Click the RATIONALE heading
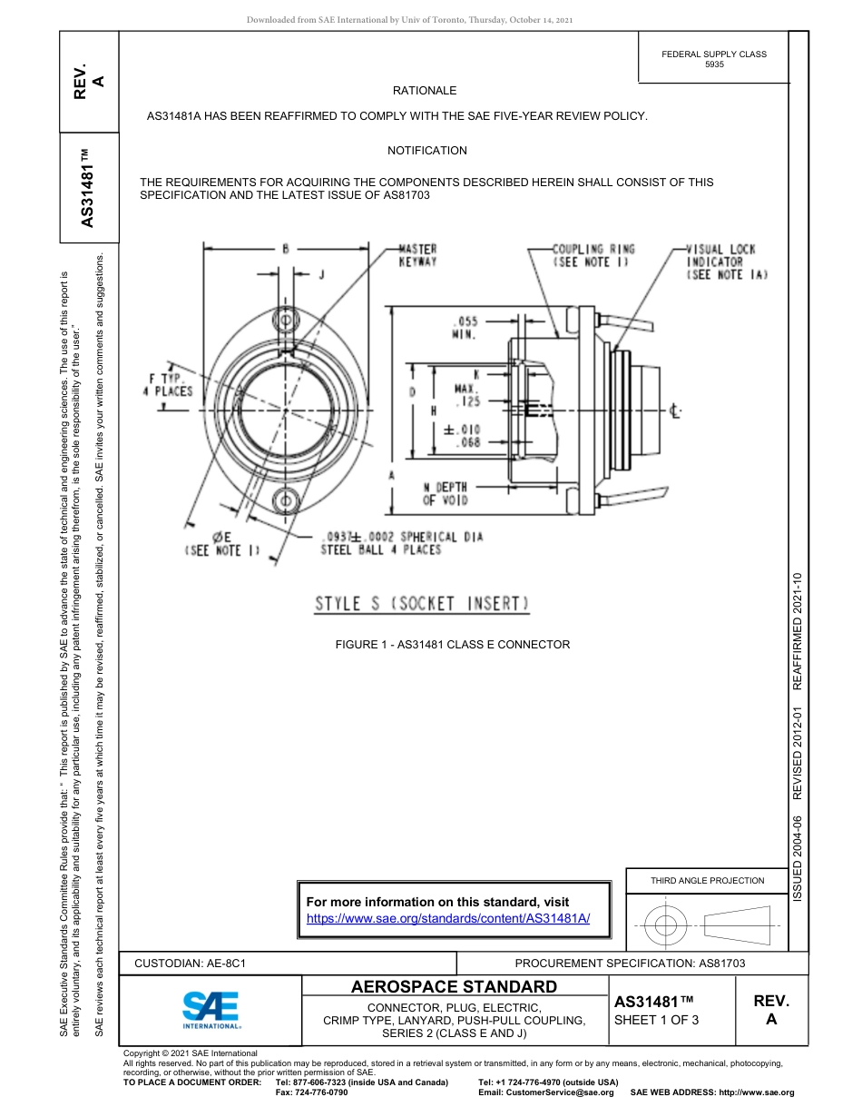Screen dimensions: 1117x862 [425, 91]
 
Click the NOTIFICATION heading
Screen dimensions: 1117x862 [427, 151]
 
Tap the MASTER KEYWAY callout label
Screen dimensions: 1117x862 [417, 255]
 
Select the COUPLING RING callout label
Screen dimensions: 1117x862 [593, 255]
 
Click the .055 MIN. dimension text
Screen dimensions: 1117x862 [464, 328]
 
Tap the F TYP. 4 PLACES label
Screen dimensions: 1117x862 [167, 384]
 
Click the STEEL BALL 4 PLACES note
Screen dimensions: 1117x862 [381, 549]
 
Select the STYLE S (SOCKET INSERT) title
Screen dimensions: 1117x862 [422, 604]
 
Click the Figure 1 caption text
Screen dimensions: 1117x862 [453, 645]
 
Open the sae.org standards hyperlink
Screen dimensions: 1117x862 [448, 918]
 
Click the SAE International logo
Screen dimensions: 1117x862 [211, 1009]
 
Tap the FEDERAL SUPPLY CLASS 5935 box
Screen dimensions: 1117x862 [714, 59]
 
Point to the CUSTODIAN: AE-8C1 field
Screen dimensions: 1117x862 [191, 963]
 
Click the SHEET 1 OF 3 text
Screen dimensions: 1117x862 [657, 1020]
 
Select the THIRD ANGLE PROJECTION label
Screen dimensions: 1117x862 [707, 880]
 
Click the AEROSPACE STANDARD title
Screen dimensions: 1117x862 [454, 987]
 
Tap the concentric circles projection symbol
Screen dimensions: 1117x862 [666, 926]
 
